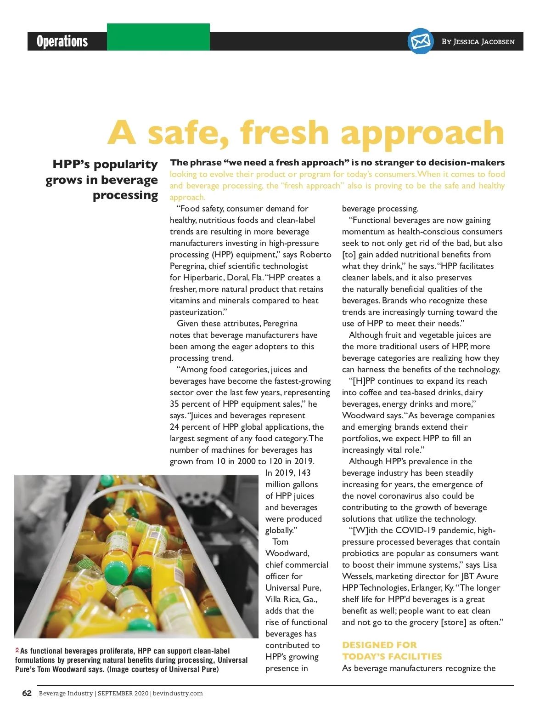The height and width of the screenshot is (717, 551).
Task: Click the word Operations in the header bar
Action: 62,41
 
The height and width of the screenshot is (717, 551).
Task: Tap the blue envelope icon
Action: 421,41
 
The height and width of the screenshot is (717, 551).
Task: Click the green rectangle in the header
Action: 158,37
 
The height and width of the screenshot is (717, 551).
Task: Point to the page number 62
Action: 27,693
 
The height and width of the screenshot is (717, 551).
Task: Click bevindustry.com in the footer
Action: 178,693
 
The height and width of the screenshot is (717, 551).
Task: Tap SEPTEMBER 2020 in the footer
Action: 123,693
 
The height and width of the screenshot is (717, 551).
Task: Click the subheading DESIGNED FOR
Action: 379,645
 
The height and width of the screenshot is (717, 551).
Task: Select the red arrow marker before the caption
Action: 17,650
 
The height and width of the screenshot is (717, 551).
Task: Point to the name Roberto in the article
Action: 315,255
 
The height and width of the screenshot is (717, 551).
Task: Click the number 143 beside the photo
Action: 304,473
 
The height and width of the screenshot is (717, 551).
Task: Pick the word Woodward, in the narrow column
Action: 287,553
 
